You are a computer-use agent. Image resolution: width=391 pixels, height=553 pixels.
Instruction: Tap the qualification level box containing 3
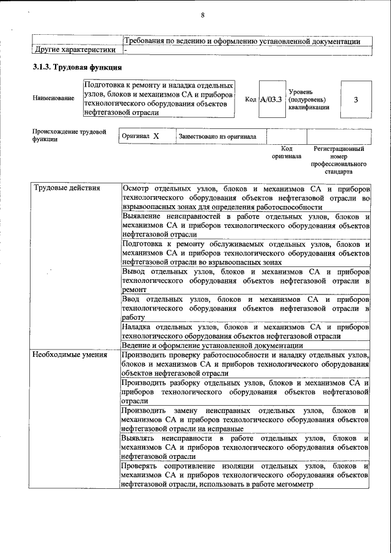click(x=356, y=99)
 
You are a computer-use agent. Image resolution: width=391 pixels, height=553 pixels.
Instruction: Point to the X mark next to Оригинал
click(x=156, y=136)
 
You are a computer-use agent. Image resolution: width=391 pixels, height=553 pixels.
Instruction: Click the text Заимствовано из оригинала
click(x=217, y=137)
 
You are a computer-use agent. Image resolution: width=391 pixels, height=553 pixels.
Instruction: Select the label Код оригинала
click(x=287, y=152)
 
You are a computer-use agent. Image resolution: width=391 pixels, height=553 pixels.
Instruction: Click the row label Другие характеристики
click(x=74, y=49)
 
